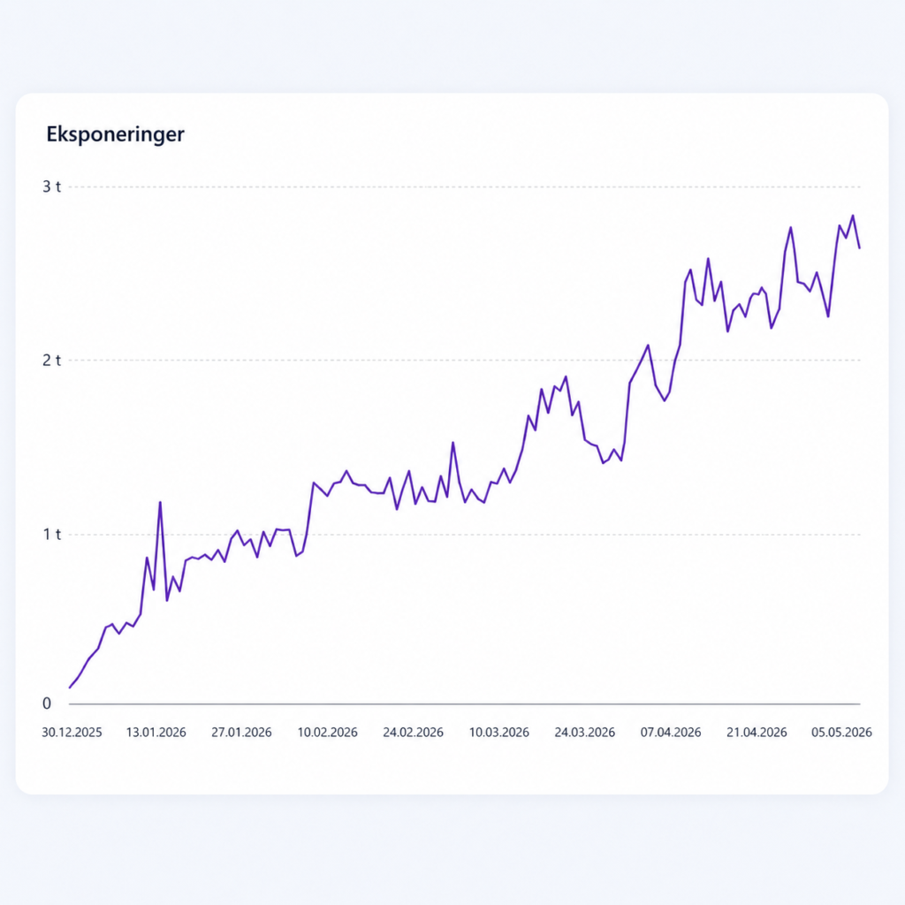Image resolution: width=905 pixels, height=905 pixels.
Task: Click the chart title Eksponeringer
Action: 116,134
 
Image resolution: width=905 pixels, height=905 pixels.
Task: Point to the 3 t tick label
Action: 51,186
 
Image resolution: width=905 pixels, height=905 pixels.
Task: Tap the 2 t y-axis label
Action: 51,361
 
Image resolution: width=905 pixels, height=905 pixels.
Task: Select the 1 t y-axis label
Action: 51,535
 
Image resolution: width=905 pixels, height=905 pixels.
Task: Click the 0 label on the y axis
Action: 47,703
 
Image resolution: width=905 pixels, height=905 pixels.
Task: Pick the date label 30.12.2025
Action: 72,733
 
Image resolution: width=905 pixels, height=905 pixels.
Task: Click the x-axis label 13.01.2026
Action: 156,733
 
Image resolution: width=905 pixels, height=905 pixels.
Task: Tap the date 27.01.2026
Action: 241,733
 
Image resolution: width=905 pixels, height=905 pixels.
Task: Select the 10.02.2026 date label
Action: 327,733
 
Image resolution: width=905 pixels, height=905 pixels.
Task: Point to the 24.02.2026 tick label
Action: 414,733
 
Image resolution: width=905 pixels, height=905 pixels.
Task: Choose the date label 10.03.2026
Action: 498,733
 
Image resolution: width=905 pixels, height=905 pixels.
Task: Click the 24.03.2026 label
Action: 585,733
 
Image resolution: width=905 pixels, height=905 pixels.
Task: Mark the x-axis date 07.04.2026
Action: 671,733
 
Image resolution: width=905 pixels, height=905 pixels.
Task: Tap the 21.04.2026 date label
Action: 757,733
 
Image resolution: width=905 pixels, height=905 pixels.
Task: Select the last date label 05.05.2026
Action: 841,733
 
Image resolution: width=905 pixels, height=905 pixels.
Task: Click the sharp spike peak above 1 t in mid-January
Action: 160,502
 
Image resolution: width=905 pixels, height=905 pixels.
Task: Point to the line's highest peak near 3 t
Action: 853,216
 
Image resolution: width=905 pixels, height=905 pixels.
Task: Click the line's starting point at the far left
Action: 69,688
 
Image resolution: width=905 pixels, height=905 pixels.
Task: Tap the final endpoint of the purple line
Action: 860,248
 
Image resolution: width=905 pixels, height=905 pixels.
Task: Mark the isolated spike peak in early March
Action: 453,443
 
